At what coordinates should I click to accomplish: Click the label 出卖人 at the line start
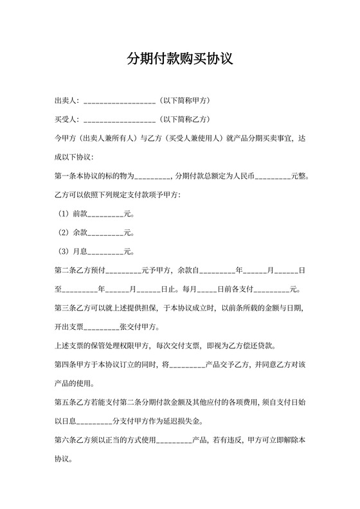click(66, 101)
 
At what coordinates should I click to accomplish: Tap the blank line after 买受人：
click(120, 120)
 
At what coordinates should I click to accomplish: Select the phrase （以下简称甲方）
click(184, 101)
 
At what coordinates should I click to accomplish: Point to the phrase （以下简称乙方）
click(184, 120)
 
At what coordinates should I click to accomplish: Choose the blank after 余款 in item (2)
click(105, 233)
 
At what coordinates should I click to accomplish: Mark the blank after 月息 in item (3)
click(105, 251)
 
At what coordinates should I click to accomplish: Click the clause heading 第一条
click(66, 176)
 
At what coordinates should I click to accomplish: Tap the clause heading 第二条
click(66, 271)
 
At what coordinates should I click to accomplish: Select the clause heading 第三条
click(66, 308)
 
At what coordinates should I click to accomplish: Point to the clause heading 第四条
click(66, 365)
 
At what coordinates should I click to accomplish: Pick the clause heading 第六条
click(66, 441)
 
